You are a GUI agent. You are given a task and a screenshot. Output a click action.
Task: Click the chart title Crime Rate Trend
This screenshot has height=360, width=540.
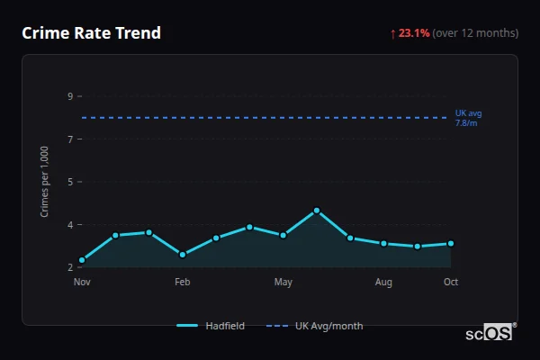click(x=91, y=33)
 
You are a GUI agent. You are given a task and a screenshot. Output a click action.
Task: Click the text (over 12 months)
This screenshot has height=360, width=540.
click(x=475, y=33)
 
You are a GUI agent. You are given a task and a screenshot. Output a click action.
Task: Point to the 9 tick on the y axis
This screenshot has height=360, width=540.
click(x=70, y=96)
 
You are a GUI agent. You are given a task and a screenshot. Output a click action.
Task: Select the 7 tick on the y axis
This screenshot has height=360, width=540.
click(x=70, y=139)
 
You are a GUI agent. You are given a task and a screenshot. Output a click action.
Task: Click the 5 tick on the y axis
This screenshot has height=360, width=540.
click(x=70, y=182)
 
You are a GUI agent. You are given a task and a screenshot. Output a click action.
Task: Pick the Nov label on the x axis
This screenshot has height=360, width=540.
click(x=82, y=283)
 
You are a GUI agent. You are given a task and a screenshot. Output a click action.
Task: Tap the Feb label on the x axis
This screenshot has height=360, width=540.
click(x=183, y=283)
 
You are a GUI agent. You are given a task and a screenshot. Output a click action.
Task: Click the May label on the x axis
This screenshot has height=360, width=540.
click(x=283, y=283)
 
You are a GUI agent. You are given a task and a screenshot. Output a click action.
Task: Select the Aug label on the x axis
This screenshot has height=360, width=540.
click(x=384, y=283)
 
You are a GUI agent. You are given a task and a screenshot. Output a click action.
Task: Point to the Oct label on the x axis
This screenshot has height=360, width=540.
click(x=451, y=283)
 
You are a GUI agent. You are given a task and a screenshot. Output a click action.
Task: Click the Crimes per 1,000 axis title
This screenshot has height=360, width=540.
click(x=45, y=182)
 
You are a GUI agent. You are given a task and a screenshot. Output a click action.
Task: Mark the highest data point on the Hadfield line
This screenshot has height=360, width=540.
click(x=317, y=211)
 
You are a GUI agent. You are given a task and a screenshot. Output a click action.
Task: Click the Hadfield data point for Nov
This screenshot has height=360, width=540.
click(x=82, y=260)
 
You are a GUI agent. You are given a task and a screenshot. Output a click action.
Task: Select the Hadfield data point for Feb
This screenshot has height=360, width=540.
click(x=183, y=255)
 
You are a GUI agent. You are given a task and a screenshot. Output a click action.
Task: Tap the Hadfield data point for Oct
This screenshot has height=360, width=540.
click(x=451, y=243)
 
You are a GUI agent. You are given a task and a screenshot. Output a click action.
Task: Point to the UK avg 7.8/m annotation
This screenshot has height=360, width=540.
click(x=468, y=117)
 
